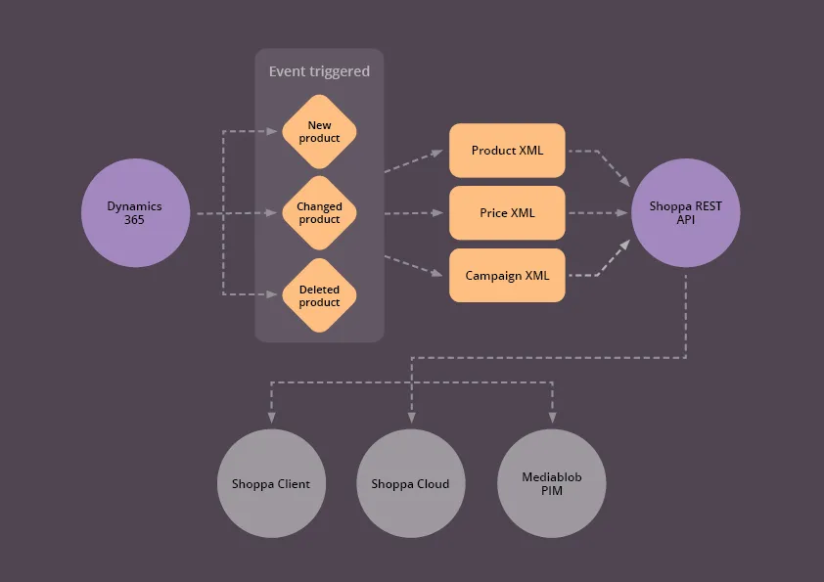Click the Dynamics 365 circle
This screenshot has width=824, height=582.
point(135,212)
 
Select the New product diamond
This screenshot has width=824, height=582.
point(319,131)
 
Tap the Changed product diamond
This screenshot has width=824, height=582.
point(319,212)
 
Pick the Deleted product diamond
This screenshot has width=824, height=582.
point(319,295)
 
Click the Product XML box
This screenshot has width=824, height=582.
point(507,151)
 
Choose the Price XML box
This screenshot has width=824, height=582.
point(507,212)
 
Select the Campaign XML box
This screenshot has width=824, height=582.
point(507,275)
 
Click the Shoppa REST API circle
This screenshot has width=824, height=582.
point(685,212)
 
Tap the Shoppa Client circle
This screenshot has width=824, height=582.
point(271,483)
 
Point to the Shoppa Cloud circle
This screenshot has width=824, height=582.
point(410,483)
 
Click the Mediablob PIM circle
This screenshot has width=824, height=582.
point(551,483)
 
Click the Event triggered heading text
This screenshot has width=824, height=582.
point(319,71)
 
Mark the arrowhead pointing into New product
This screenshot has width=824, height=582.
point(274,131)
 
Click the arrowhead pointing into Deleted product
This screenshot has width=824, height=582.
point(274,294)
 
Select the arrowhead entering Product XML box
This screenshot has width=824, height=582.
point(436,153)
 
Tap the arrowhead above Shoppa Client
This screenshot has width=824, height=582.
point(270,416)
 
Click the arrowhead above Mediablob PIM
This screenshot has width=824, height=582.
point(552,416)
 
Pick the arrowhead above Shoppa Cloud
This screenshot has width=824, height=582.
point(410,416)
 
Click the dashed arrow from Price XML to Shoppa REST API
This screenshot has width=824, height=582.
point(597,212)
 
